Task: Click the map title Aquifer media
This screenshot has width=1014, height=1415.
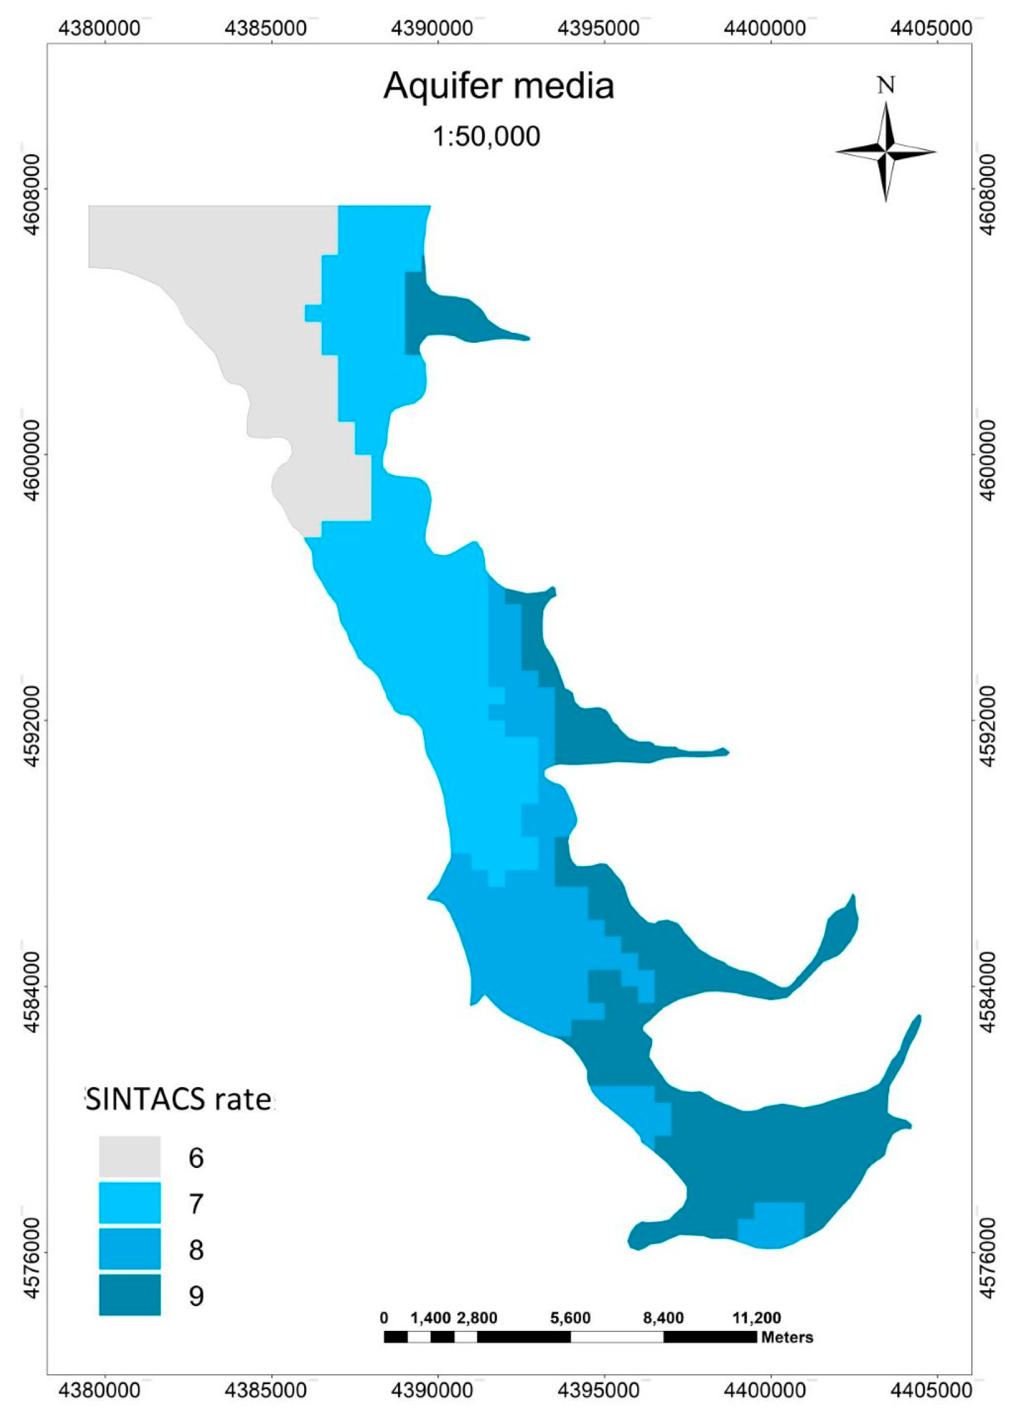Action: (499, 86)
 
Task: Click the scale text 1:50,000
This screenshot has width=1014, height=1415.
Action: (486, 136)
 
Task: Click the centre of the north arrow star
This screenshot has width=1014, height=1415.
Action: (886, 151)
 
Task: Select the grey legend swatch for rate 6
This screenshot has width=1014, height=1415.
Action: (130, 1157)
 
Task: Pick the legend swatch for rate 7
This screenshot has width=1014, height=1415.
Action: (130, 1203)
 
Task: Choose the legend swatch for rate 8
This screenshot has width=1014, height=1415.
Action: (130, 1249)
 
